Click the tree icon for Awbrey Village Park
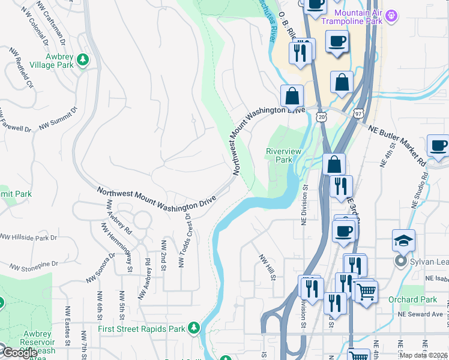(x=83, y=60)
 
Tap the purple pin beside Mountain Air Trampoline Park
(x=391, y=15)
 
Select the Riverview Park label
(x=283, y=156)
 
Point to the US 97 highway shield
(x=358, y=113)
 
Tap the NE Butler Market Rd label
(x=397, y=145)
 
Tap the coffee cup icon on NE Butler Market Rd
(x=439, y=146)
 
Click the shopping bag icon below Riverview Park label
(x=333, y=164)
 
